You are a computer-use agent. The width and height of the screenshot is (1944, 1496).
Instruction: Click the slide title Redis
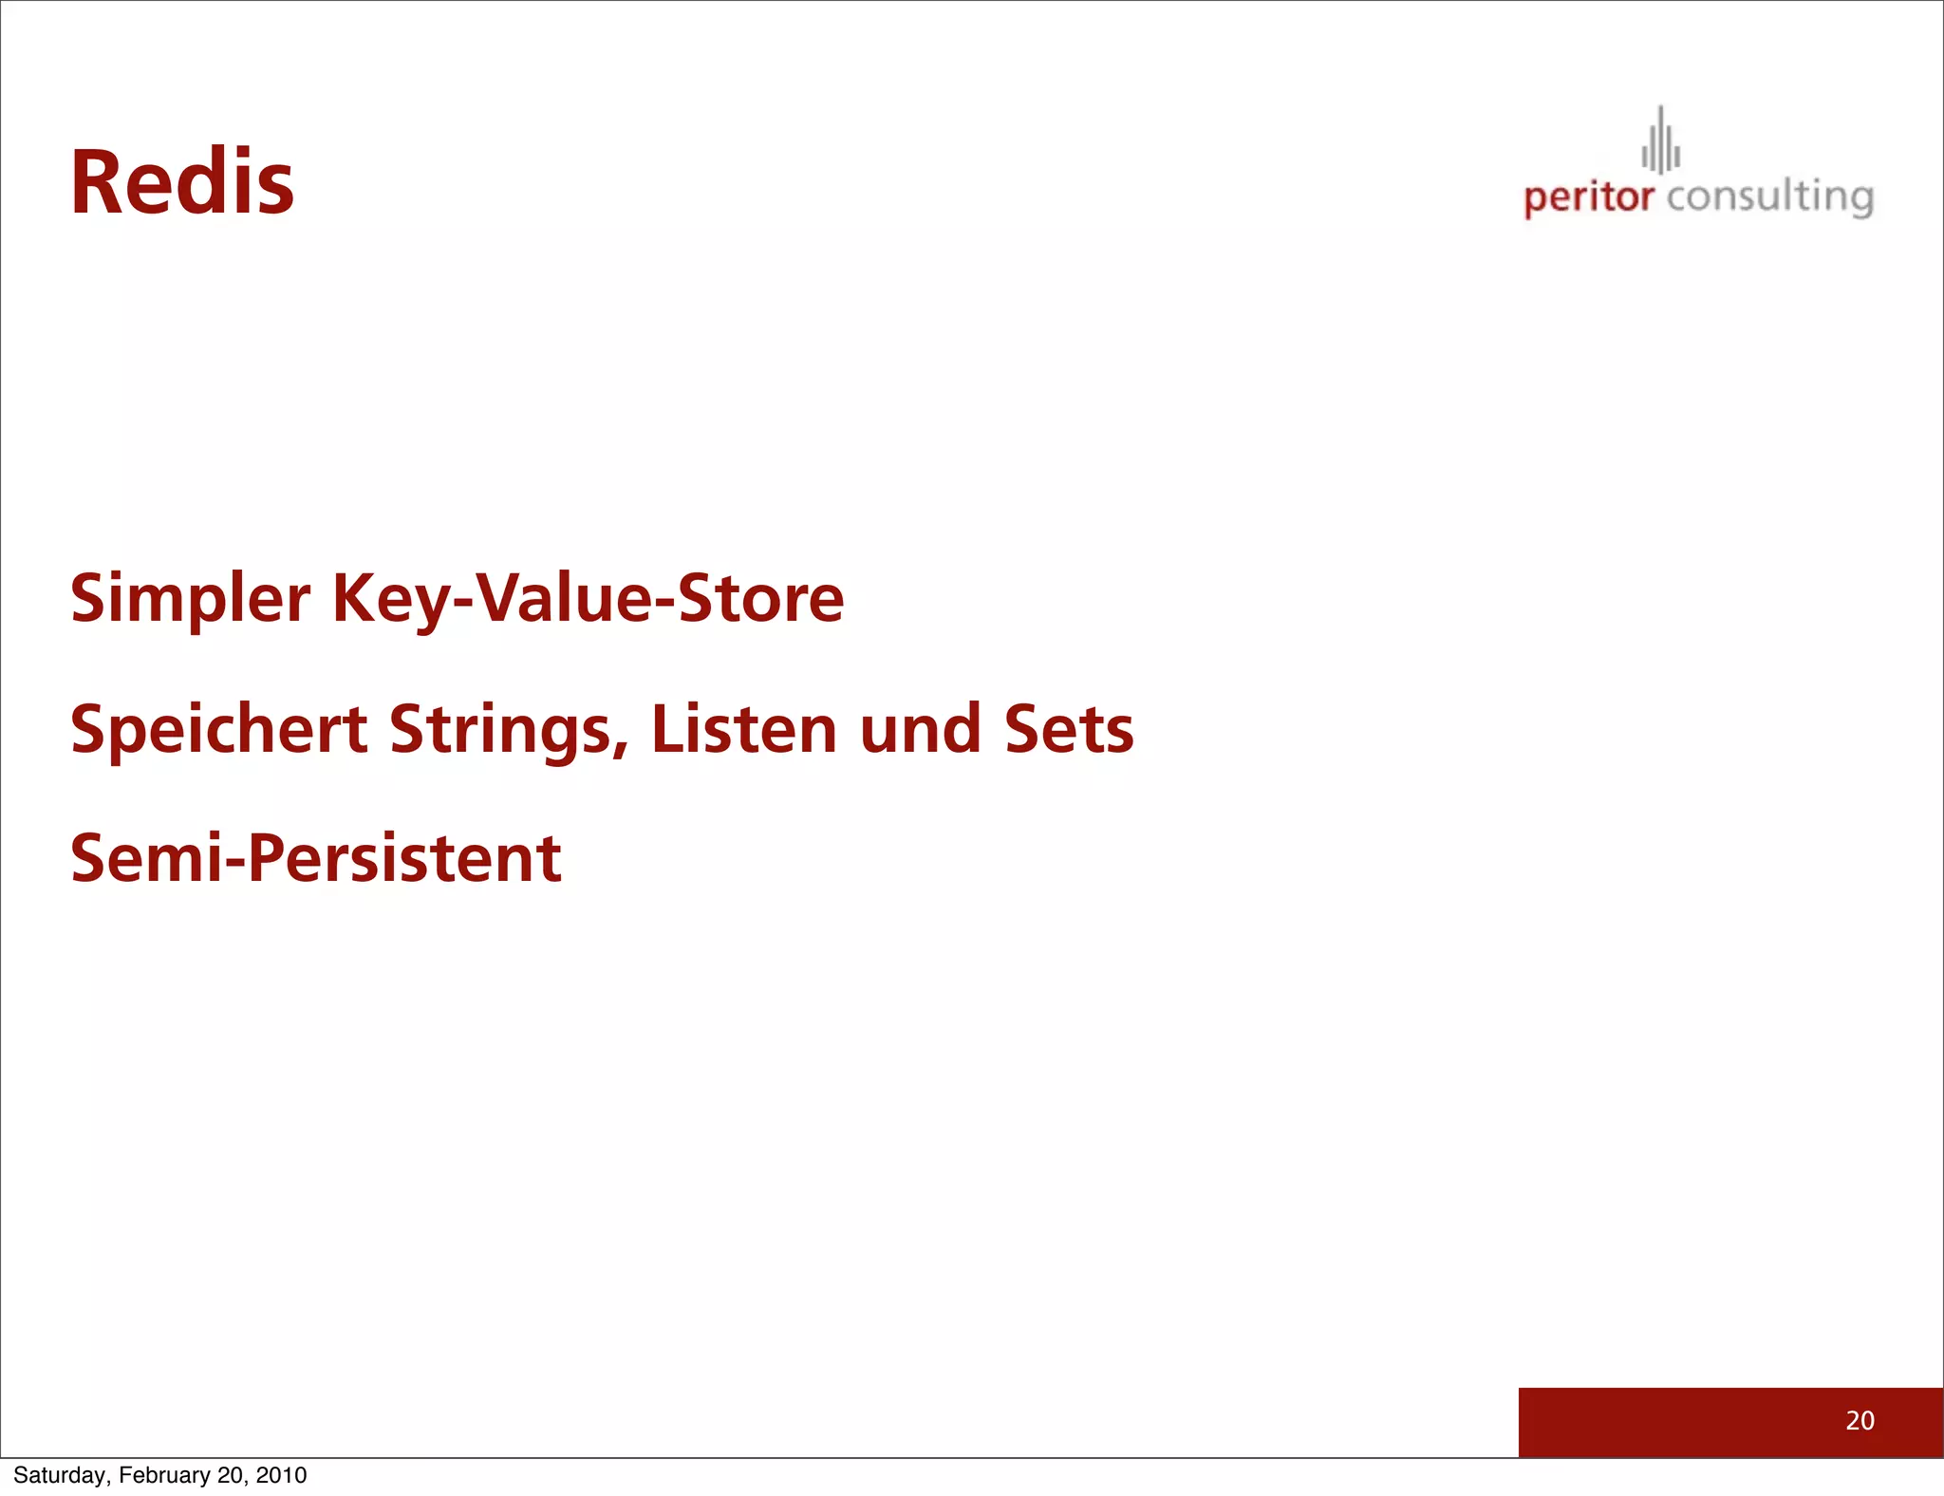coord(182,183)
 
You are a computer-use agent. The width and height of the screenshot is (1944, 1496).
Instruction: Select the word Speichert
coord(219,730)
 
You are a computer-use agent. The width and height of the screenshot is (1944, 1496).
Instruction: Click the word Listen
coord(744,730)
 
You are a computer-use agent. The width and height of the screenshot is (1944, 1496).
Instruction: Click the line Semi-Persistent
coord(316,859)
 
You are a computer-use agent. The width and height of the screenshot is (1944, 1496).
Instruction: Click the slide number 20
coord(1860,1420)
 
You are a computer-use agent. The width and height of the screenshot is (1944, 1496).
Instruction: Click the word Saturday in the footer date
coord(61,1475)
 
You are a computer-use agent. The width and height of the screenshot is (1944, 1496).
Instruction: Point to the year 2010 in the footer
coord(281,1475)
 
